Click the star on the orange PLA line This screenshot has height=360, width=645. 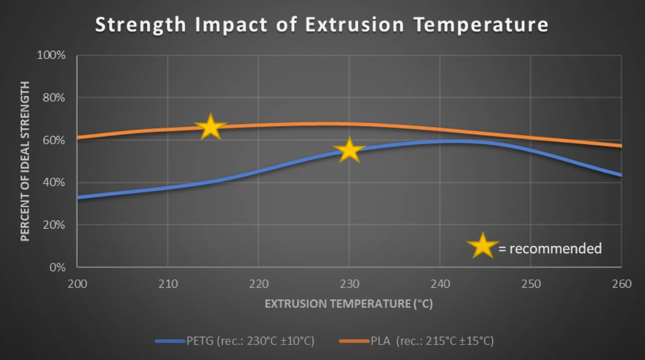point(210,127)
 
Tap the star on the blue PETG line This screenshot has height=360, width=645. point(349,150)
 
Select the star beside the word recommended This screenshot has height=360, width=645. point(483,246)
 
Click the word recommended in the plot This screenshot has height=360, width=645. point(555,249)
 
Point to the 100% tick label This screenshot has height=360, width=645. point(51,55)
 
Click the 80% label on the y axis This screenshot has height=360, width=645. point(54,98)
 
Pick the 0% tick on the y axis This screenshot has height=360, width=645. point(57,267)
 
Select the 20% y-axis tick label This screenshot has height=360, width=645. point(54,225)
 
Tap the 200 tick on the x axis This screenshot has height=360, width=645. point(77,284)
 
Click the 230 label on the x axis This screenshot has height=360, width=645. point(349,284)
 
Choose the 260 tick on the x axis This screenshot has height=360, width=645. point(622,284)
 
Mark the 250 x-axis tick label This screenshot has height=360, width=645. point(531,284)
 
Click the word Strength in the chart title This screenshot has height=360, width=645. point(141,25)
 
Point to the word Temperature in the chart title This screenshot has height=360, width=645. point(481,25)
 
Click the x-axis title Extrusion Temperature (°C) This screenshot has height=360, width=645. point(349,304)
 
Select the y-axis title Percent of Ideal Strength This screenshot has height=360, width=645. point(25,161)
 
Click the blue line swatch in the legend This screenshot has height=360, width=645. point(170,341)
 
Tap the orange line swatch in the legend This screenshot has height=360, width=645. point(354,341)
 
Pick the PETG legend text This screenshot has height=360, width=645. point(250,341)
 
